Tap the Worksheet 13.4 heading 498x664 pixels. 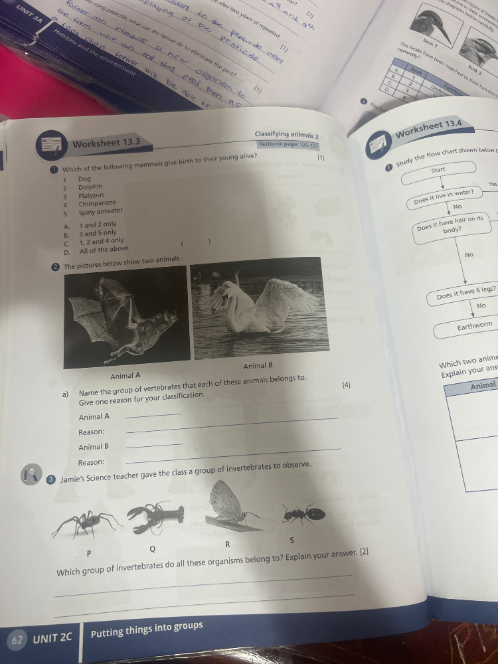click(430, 126)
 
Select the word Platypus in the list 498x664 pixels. click(92, 196)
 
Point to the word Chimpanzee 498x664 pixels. click(98, 203)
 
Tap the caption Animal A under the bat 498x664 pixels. click(125, 376)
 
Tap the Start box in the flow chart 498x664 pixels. click(438, 171)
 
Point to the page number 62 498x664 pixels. click(17, 641)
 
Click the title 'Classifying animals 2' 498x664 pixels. click(286, 135)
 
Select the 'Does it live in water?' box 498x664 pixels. click(444, 195)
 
